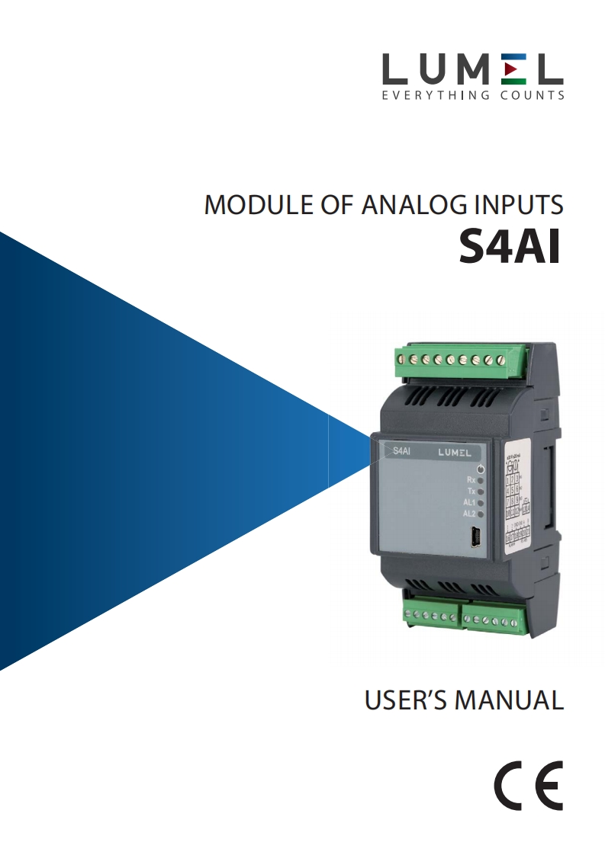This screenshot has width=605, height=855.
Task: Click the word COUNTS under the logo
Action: coord(533,96)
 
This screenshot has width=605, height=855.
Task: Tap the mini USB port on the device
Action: coord(473,539)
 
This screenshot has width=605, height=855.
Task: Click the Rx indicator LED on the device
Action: coord(481,481)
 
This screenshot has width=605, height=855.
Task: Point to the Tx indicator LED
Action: coord(481,492)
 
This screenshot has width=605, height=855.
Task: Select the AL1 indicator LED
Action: coord(481,504)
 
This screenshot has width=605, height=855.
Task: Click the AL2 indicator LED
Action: coord(481,514)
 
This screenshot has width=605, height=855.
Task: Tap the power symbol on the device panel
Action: coord(480,468)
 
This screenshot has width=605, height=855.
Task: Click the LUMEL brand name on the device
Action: coord(455,452)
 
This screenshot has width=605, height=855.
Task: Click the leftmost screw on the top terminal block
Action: coord(401,357)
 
